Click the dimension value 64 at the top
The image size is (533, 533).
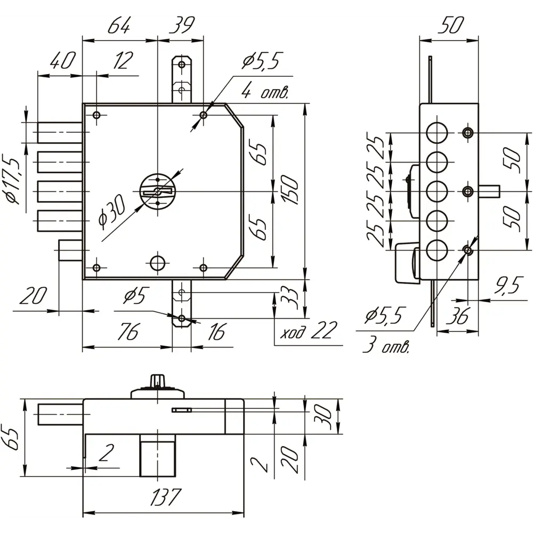tap(119, 26)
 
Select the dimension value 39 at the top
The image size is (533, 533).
tap(182, 26)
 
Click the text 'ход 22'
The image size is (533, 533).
tap(308, 330)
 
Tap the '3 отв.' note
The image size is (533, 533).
tap(386, 346)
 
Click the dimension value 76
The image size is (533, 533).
tap(128, 332)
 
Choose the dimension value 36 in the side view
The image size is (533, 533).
tap(457, 316)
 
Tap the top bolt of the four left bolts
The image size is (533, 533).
tap(60, 132)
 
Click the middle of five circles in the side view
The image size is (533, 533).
tap(437, 191)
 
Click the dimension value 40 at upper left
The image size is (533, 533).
tap(62, 61)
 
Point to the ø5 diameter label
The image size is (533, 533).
tap(135, 296)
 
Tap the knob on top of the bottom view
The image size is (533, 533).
tap(157, 381)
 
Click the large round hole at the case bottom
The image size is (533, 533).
tap(157, 263)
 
